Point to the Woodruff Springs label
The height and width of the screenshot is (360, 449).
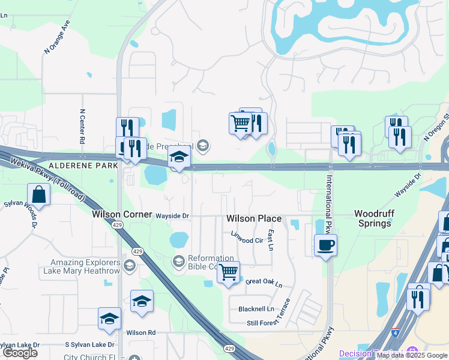coord(381,218)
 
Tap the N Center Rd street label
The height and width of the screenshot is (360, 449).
coord(82,127)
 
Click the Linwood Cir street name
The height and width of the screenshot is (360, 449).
coord(247,240)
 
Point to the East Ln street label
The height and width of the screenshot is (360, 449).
coord(271,239)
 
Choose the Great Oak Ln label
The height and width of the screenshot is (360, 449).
coord(264,281)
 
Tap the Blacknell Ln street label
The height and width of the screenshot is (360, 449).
coord(256,309)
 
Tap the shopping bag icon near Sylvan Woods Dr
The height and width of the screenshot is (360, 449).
coord(38,195)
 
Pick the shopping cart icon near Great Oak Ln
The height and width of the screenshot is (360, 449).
coord(228,272)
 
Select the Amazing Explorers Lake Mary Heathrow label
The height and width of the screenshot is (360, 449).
coord(85,267)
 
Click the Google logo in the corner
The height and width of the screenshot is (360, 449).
coord(20,353)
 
